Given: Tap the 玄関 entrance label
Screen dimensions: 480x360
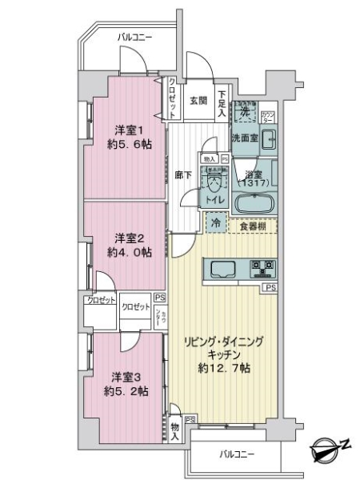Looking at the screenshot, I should [198, 101].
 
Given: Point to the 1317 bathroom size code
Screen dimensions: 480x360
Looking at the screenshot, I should [254, 182].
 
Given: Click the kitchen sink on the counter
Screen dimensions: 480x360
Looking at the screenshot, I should [222, 267].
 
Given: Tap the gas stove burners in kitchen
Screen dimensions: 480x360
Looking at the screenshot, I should [262, 267].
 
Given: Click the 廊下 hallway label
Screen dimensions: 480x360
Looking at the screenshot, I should [182, 175].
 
